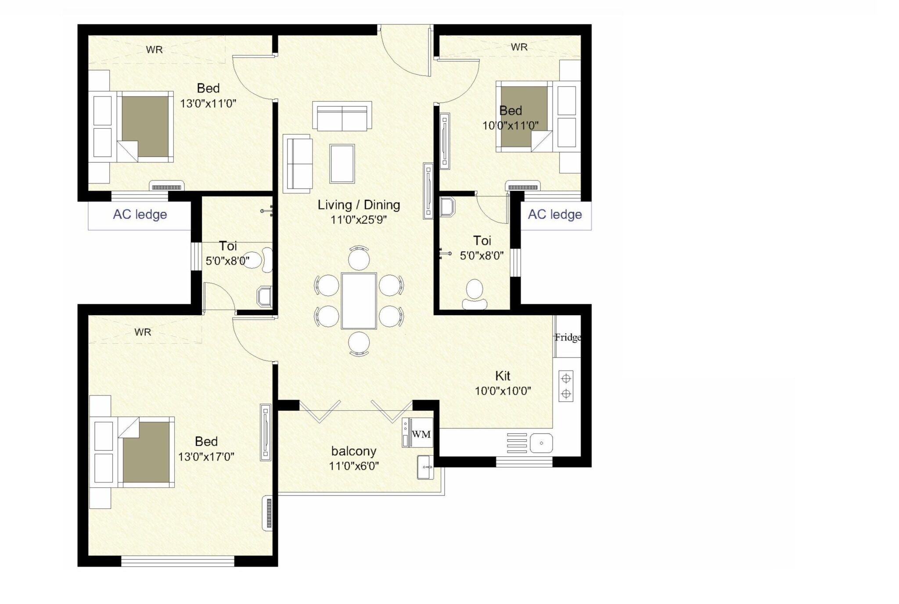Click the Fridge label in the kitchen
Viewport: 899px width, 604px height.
(x=568, y=337)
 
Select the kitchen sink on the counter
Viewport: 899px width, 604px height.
(x=541, y=443)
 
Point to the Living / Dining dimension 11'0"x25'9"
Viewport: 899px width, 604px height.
(x=358, y=219)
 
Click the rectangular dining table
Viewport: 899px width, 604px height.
(x=359, y=301)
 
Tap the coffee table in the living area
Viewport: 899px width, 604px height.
(x=342, y=163)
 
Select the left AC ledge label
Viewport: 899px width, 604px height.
(x=140, y=215)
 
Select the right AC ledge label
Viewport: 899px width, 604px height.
(x=554, y=215)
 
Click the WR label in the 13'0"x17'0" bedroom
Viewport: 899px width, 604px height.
(x=143, y=332)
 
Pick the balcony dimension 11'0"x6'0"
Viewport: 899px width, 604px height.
(x=354, y=466)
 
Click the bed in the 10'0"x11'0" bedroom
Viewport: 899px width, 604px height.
(x=524, y=116)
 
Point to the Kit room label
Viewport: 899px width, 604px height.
(x=503, y=376)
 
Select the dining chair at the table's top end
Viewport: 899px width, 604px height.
(x=359, y=258)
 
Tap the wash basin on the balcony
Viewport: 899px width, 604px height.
(x=424, y=467)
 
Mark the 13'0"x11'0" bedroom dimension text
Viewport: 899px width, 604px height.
(x=208, y=104)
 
